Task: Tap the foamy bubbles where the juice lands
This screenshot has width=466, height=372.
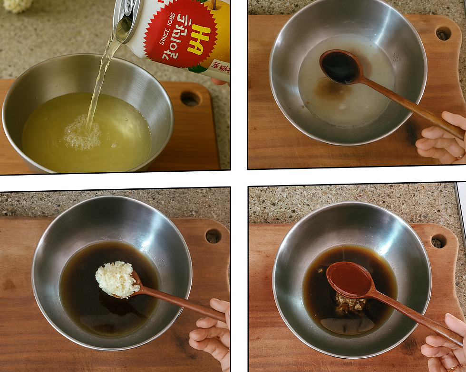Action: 82,135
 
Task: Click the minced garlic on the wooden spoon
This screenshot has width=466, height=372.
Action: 117,279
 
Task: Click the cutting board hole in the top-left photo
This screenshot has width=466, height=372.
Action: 190,99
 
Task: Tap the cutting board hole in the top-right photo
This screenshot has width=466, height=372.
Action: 443,34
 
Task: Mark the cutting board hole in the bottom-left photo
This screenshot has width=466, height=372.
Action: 213,236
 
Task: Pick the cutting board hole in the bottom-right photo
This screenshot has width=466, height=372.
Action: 438,241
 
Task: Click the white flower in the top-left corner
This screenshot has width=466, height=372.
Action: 17,5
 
